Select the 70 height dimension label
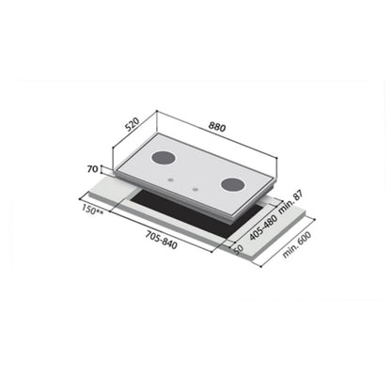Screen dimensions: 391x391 [x=92, y=170]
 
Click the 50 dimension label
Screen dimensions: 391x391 [x=237, y=247]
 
